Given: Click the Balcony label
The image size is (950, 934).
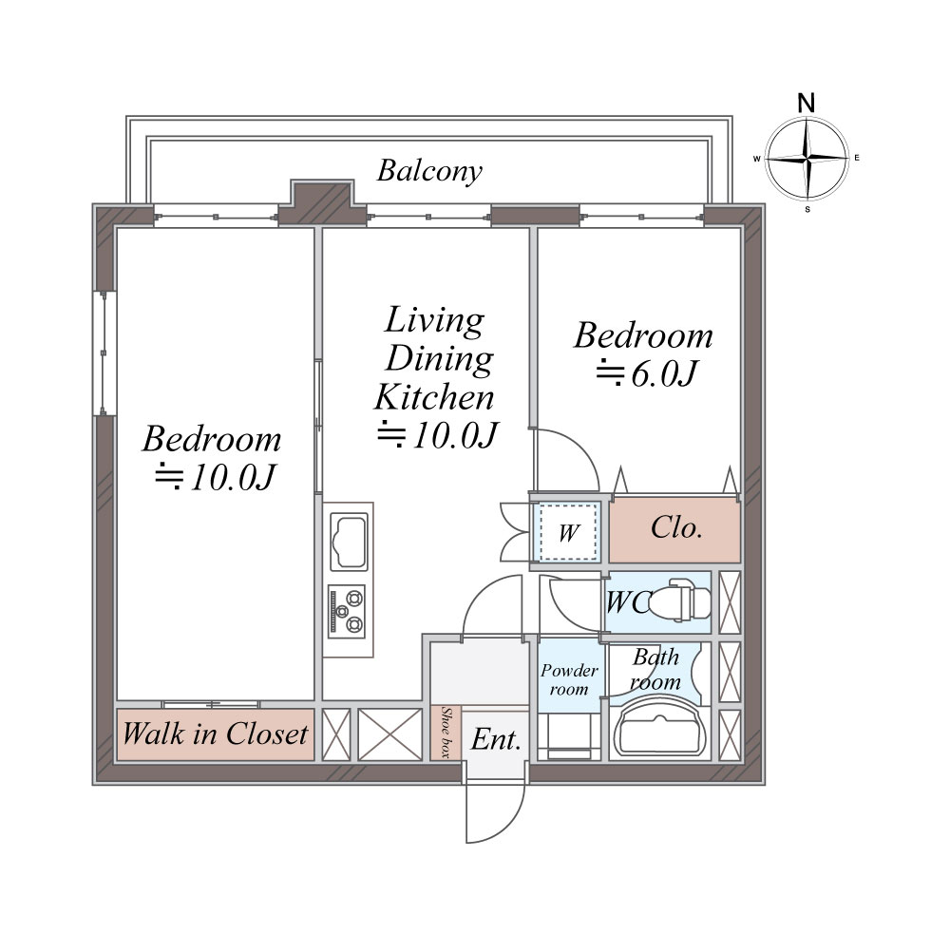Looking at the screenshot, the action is [x=429, y=171].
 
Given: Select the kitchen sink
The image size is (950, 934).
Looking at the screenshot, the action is [x=349, y=542].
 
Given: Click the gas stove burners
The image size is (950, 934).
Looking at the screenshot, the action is [x=347, y=611].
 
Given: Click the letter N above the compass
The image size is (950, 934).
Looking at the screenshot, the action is [x=806, y=103].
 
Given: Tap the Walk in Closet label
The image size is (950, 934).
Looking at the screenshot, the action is [x=215, y=734].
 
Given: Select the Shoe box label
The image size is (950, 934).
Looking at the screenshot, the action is [x=446, y=733].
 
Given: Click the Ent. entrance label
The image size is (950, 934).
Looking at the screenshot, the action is [x=496, y=739].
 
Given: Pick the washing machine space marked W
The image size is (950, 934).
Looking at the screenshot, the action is [x=568, y=533].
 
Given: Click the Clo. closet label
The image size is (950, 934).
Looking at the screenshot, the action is [x=676, y=528].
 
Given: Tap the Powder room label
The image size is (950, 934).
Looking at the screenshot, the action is [x=569, y=679].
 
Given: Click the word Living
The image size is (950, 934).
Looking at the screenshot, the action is [x=434, y=320].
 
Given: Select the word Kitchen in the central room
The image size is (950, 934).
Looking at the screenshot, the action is [x=434, y=397].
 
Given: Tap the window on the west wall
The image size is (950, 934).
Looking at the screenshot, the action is [x=104, y=353].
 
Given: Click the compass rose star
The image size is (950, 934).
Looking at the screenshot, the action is [x=807, y=159].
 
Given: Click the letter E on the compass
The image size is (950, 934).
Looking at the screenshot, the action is [x=857, y=158].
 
